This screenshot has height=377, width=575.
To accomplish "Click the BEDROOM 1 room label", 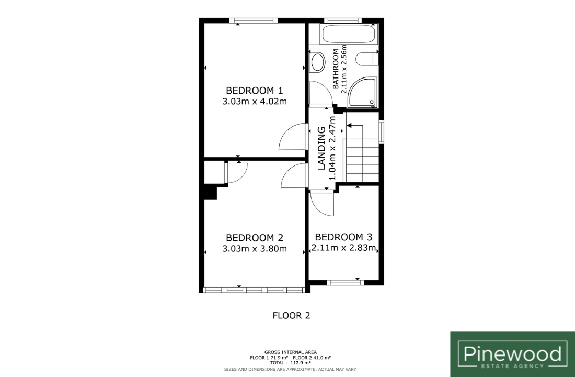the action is coord(255,91).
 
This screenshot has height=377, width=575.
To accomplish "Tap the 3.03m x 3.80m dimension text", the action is coord(255,249).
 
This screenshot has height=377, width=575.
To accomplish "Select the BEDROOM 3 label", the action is coord(343,237).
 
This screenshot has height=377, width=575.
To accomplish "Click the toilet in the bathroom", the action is coord(367,59).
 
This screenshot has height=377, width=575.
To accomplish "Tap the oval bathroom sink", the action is coord(317,62).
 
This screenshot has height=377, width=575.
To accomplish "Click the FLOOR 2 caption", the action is coord(292,315).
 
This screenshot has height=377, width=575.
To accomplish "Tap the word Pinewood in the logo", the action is coord(512,354).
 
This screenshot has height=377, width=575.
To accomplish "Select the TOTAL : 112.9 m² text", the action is coord(291,363).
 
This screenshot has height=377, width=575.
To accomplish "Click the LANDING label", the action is coord(321,148).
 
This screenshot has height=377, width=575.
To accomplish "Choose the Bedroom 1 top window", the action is coord(254,20).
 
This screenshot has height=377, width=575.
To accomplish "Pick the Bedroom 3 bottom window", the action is coord(346,283).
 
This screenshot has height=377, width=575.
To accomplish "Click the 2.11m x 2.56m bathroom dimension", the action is coord(343,69).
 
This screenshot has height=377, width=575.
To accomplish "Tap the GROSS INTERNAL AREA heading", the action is coord(291,352).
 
